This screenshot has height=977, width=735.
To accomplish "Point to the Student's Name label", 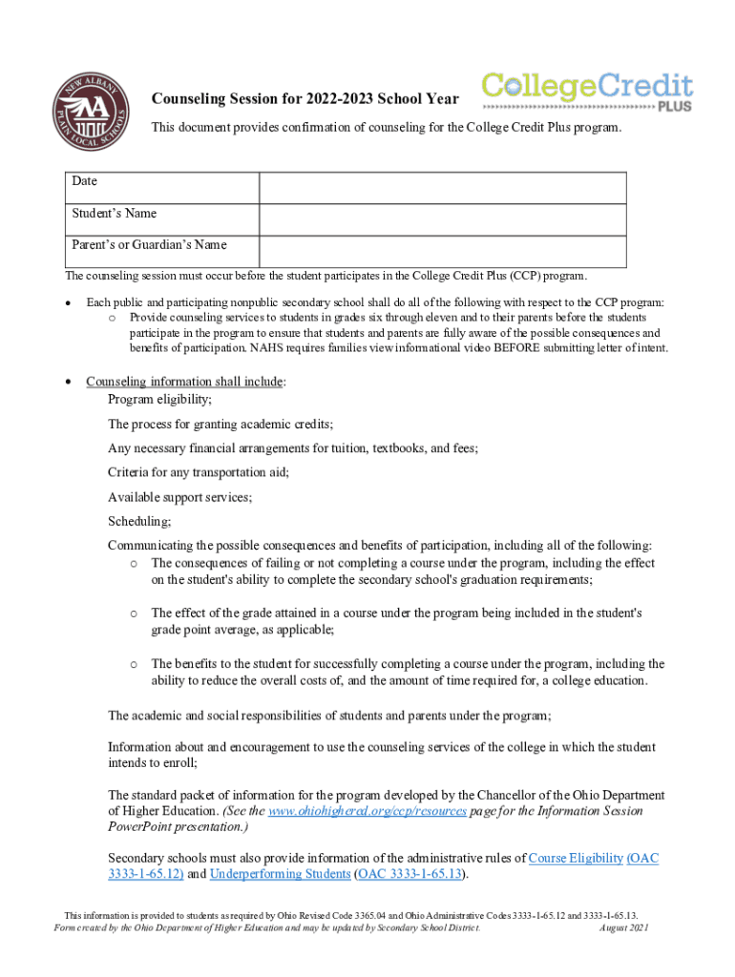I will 115,213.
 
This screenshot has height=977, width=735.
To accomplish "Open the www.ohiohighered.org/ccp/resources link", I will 367,811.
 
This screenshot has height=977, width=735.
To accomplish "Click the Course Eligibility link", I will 575,858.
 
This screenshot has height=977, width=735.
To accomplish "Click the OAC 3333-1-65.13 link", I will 410,874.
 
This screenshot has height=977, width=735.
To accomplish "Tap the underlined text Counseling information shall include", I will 184,382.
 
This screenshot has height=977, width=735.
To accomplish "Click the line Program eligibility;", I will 160,399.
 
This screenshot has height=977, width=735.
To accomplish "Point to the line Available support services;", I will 179,497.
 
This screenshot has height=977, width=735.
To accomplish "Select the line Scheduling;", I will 139,522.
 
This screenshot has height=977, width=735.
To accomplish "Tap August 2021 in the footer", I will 623,927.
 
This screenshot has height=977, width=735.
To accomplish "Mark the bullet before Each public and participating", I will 67,302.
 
